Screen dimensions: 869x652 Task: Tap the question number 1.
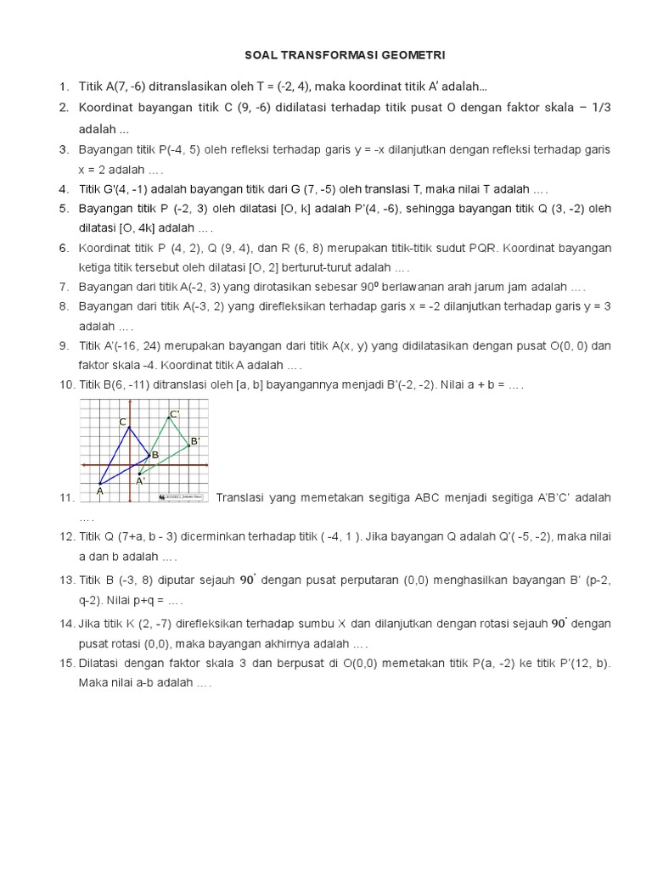click(64, 87)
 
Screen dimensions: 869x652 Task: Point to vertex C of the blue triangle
click(124, 422)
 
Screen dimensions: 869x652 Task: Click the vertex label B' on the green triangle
click(194, 441)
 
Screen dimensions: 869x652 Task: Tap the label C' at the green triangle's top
click(174, 414)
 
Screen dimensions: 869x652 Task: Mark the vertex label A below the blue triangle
click(99, 490)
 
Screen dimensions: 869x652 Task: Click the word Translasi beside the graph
click(242, 497)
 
